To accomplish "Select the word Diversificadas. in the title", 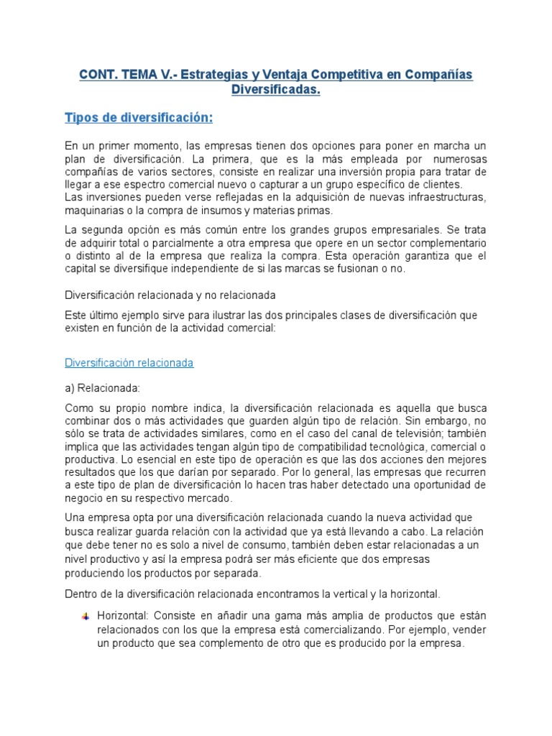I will (276, 91).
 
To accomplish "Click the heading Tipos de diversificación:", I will (139, 118).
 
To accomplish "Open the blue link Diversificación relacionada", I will (129, 363).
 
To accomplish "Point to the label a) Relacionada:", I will (103, 387).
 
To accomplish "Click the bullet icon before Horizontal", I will (86, 617).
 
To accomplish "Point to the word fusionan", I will (353, 269).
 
